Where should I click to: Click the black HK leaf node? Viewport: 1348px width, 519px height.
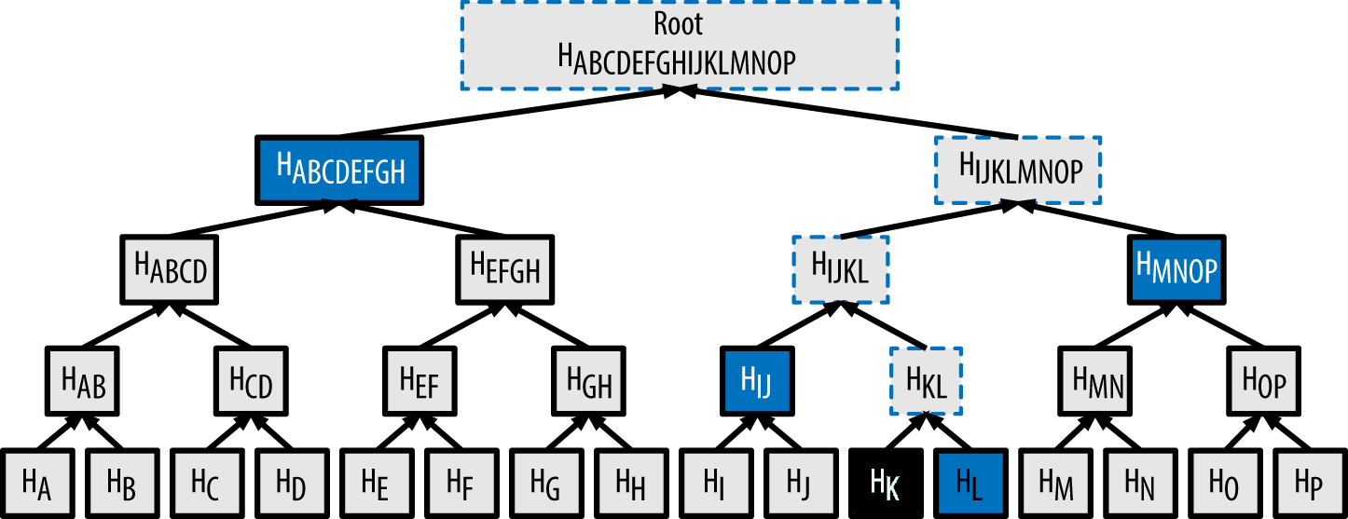[886, 482]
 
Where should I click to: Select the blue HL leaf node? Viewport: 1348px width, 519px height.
[970, 482]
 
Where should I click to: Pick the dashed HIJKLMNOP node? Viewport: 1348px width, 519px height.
[1019, 170]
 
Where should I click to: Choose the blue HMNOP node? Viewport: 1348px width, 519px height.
[1176, 269]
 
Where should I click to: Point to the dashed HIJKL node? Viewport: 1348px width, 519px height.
[840, 269]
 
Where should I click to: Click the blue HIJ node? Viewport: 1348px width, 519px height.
[757, 380]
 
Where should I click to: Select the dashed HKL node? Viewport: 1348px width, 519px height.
[926, 380]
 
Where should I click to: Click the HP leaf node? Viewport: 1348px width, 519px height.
[1309, 482]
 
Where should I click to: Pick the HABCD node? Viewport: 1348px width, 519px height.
[170, 269]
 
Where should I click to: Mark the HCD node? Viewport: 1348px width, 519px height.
[251, 380]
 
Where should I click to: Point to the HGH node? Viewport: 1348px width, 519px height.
[589, 380]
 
